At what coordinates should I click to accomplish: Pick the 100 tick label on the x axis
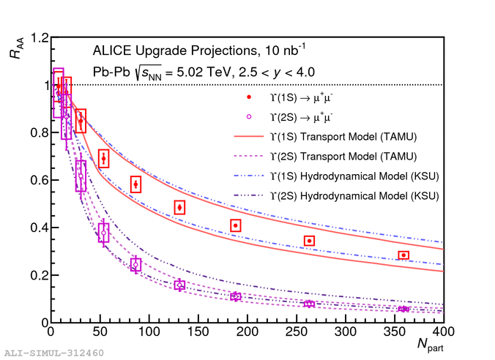pyautogui.click(x=147, y=331)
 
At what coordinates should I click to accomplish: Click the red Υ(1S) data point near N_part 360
pyautogui.click(x=403, y=255)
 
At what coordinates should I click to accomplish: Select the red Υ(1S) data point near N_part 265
pyautogui.click(x=310, y=241)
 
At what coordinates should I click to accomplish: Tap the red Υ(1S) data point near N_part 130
pyautogui.click(x=179, y=207)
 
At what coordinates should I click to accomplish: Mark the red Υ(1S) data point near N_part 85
pyautogui.click(x=135, y=184)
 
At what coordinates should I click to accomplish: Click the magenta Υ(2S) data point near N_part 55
pyautogui.click(x=104, y=233)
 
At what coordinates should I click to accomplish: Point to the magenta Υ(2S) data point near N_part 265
pyautogui.click(x=310, y=304)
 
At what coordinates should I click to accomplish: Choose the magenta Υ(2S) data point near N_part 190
pyautogui.click(x=235, y=296)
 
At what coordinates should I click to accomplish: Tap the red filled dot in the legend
pyautogui.click(x=249, y=97)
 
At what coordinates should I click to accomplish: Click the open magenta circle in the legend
pyautogui.click(x=249, y=116)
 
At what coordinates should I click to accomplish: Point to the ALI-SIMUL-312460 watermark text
pyautogui.click(x=53, y=353)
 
